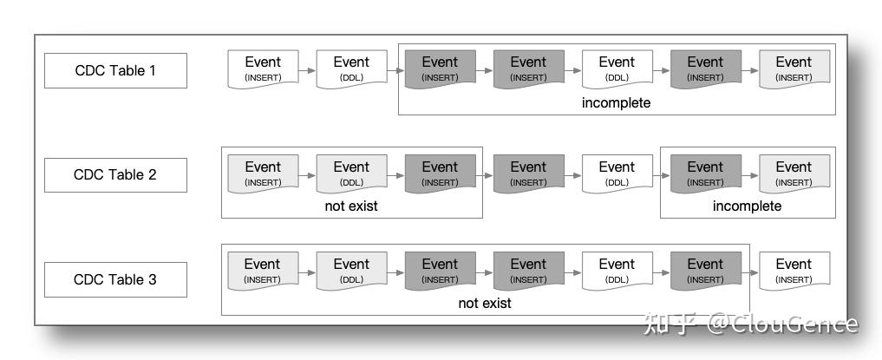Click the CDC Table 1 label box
115,70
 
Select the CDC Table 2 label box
115,174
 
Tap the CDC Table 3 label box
115,279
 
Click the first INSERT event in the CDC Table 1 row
263,69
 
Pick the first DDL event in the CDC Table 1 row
351,69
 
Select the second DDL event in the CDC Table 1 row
617,69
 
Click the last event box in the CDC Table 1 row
794,69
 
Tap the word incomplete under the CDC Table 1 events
616,102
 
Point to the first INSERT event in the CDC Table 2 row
263,173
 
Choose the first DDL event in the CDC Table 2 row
351,173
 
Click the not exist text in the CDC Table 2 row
351,206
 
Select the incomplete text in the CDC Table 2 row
747,206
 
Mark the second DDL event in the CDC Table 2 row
617,173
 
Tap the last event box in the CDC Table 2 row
794,173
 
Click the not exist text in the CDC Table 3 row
484,304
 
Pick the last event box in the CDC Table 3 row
794,271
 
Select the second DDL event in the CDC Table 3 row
617,271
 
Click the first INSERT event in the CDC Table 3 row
263,271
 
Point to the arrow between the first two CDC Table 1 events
307,69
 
